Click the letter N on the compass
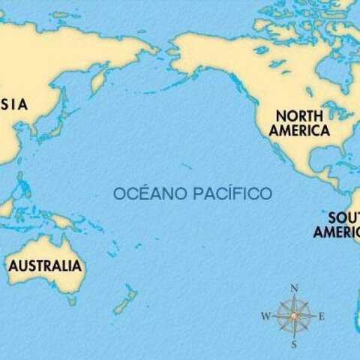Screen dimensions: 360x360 pos(295,288)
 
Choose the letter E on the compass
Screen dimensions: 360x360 pos(322,316)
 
